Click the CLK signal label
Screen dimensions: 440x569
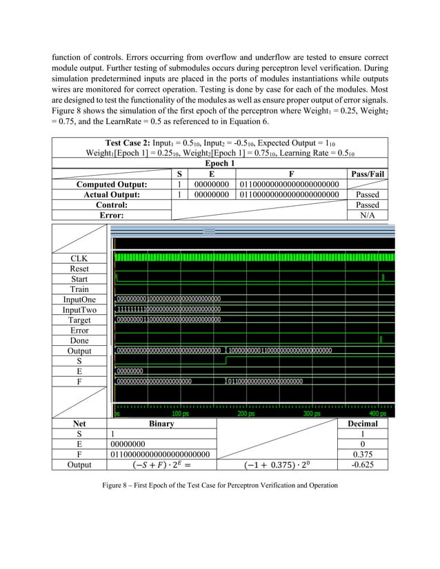[x=79, y=258]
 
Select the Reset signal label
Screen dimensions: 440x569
[x=79, y=269]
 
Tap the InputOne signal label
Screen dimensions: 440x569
[x=79, y=300]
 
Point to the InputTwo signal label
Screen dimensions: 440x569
[x=79, y=310]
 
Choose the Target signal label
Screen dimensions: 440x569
[x=79, y=320]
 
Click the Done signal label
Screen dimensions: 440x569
[x=79, y=341]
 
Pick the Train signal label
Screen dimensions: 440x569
[x=79, y=289]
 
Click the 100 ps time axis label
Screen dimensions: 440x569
[x=181, y=414]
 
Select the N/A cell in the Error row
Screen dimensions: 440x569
[x=367, y=215]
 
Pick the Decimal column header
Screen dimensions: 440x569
[x=363, y=424]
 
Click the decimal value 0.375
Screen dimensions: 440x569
[x=363, y=454]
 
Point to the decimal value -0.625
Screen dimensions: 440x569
[x=363, y=465]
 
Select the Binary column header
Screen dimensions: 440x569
[x=161, y=424]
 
